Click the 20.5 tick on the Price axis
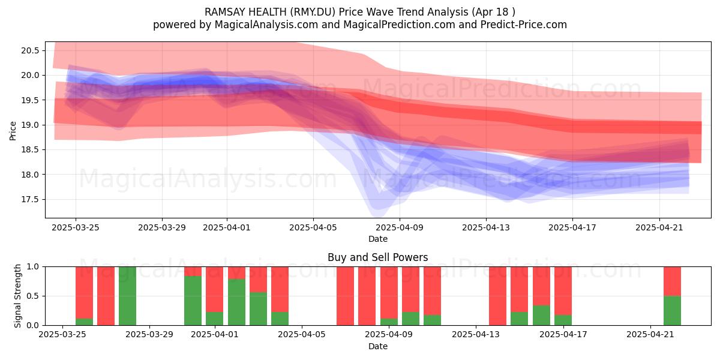(30, 50)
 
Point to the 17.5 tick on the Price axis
(30, 199)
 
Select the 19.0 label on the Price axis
(30, 125)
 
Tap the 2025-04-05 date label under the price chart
(313, 228)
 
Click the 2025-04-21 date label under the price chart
(659, 228)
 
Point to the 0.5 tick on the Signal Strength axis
(33, 296)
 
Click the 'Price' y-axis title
(13, 130)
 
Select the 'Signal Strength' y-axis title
(18, 295)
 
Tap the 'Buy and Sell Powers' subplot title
(377, 257)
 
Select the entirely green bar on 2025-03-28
(127, 296)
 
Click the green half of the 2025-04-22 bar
(672, 310)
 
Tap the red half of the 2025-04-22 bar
(672, 281)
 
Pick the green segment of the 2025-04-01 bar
(214, 318)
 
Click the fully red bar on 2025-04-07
(345, 296)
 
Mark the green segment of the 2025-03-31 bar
(193, 301)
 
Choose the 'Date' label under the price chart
(377, 239)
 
